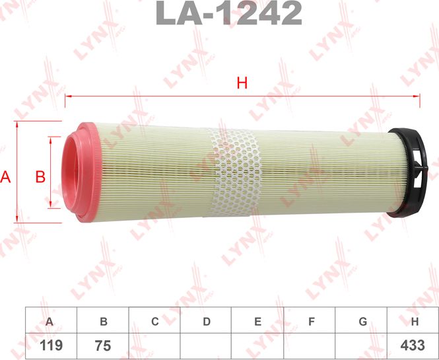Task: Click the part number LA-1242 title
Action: [228, 13]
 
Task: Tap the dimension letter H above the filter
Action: [242, 83]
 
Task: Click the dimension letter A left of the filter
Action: [7, 176]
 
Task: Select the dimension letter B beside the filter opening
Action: [40, 176]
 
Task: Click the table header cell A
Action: [50, 322]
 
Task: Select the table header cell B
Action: [103, 322]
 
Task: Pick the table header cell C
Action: [154, 322]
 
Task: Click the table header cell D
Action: [206, 322]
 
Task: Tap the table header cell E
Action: [258, 322]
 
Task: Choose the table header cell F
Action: [310, 322]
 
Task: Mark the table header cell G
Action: [362, 322]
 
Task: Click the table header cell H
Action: [414, 322]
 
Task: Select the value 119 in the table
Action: [50, 345]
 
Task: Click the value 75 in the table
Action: [103, 345]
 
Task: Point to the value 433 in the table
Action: [414, 345]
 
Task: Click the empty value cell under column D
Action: [206, 345]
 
